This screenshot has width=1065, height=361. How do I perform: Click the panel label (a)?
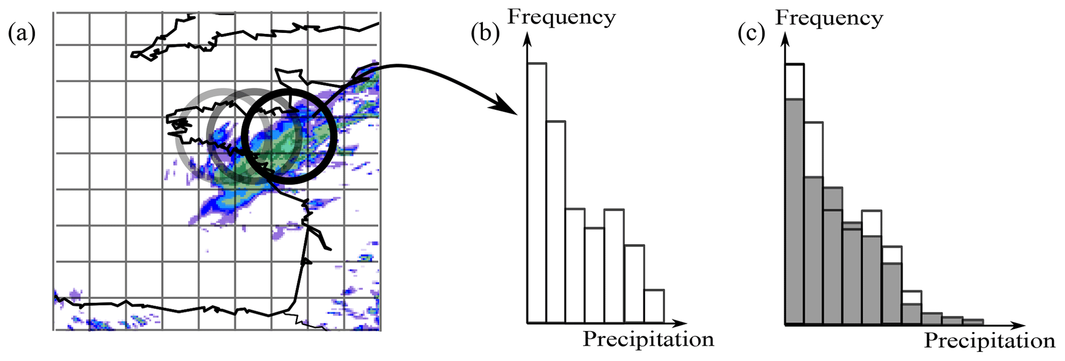pos(22,34)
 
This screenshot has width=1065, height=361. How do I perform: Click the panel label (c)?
pos(751,34)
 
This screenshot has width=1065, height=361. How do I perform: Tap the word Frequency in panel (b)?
pos(562,17)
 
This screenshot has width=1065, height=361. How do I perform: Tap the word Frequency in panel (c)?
pos(829,18)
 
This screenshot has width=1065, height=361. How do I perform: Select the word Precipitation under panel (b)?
pos(648,339)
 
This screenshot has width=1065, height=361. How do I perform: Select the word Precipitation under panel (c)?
pos(989,341)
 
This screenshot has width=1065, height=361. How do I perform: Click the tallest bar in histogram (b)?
pos(536,193)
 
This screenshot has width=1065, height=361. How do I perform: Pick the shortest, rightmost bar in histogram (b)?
pos(654,306)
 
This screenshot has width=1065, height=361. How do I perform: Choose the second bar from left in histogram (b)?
pos(555,221)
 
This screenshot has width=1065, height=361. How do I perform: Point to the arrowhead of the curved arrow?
pos(508,108)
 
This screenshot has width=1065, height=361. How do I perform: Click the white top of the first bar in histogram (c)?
pos(794,81)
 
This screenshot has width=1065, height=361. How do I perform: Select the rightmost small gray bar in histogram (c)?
pos(973,322)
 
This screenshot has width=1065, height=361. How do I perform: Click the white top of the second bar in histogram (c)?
pos(813,149)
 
